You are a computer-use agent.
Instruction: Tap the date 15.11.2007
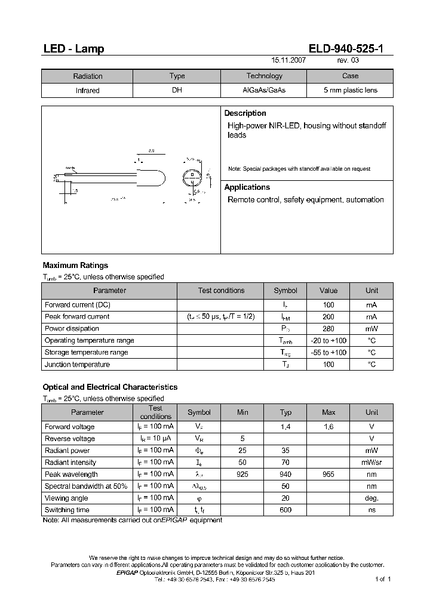point(289,61)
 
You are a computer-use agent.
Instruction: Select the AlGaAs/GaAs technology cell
point(264,91)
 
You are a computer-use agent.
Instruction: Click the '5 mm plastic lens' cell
point(350,91)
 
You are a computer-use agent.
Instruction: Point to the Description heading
point(245,113)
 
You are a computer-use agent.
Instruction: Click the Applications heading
point(247,187)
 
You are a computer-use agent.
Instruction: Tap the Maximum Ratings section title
point(75,266)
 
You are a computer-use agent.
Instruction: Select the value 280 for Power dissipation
point(328,329)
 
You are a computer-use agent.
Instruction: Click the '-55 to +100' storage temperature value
point(328,353)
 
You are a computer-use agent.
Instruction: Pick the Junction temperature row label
point(77,365)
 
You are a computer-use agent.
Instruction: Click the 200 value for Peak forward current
point(328,317)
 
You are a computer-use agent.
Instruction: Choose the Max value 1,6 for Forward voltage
point(328,427)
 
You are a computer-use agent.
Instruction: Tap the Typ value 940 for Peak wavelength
point(285,474)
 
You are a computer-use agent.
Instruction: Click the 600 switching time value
point(285,510)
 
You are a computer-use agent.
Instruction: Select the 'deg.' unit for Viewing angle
point(371,498)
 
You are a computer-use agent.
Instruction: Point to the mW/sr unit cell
point(371,463)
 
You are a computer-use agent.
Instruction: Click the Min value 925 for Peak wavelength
point(242,474)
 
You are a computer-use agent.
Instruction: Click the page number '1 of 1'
point(382,580)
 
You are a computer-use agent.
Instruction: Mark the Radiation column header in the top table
point(88,76)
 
